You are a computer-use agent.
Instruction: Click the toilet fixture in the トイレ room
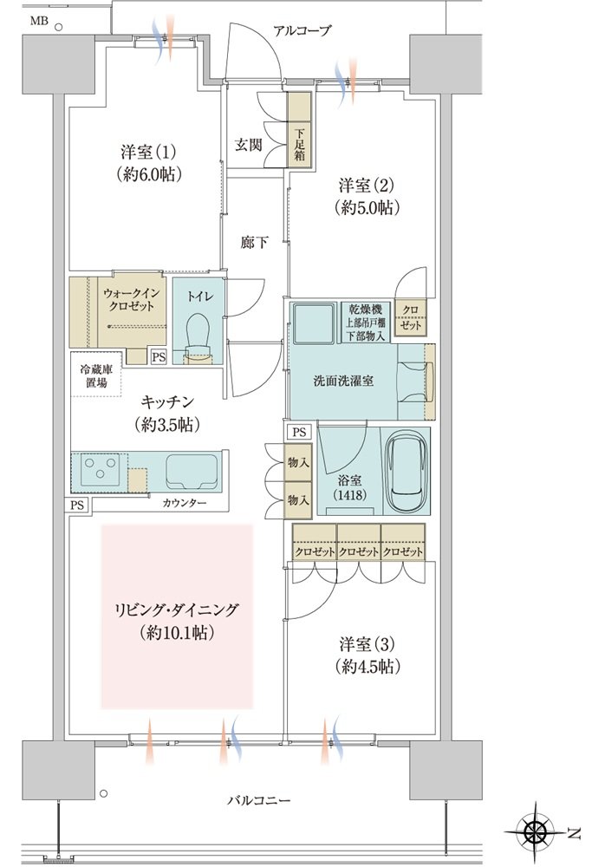[x=198, y=337]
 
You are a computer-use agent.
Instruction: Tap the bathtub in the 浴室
[x=407, y=472]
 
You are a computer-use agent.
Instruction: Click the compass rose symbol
[x=535, y=831]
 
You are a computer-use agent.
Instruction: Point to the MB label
[x=39, y=22]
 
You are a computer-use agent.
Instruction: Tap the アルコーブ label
[x=302, y=30]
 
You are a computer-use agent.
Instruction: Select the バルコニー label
[x=258, y=800]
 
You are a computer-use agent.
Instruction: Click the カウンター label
[x=184, y=503]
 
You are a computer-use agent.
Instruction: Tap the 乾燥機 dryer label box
[x=366, y=323]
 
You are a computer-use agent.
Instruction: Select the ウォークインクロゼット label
[x=131, y=299]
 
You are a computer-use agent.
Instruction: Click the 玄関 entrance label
[x=248, y=145]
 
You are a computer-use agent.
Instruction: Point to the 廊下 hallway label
[x=255, y=242]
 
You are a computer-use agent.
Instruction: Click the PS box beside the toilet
[x=159, y=356]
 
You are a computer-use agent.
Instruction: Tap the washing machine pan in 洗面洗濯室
[x=314, y=323]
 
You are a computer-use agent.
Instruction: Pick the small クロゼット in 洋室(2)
[x=410, y=317]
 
